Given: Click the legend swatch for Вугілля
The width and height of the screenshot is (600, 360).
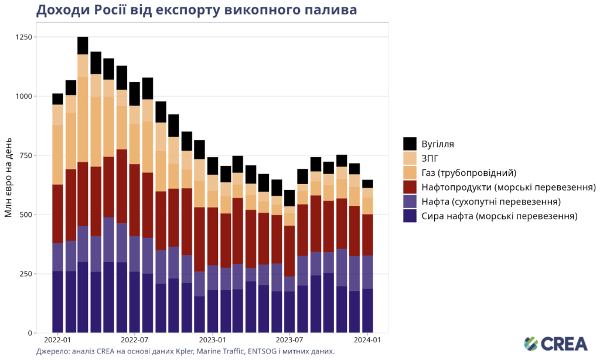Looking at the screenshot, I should pyautogui.click(x=410, y=144).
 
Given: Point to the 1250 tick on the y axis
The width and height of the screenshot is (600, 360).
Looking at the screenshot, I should pyautogui.click(x=23, y=37).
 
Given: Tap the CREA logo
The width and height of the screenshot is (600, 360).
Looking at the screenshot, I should pyautogui.click(x=555, y=344).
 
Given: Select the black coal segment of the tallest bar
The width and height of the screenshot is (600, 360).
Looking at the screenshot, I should pyautogui.click(x=83, y=46).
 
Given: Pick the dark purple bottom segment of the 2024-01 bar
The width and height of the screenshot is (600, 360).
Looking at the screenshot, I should pyautogui.click(x=367, y=311).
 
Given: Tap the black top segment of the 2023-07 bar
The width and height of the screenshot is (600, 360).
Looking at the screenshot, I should pyautogui.click(x=289, y=198).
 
